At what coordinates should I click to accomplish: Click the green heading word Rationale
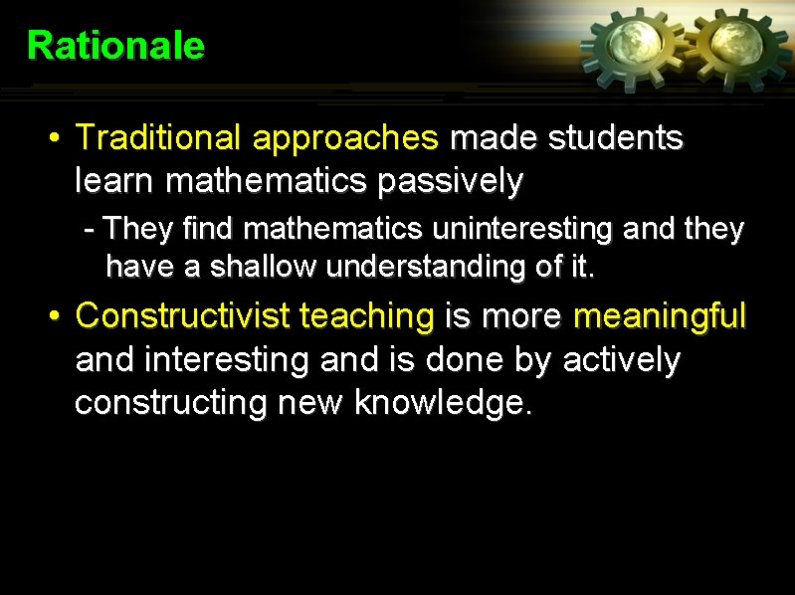115,46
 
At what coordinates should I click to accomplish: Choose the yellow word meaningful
660,317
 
